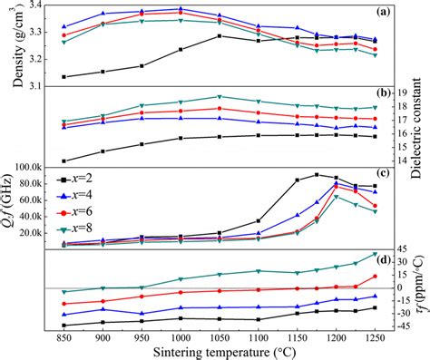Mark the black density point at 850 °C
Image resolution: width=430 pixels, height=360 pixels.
tap(64, 76)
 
